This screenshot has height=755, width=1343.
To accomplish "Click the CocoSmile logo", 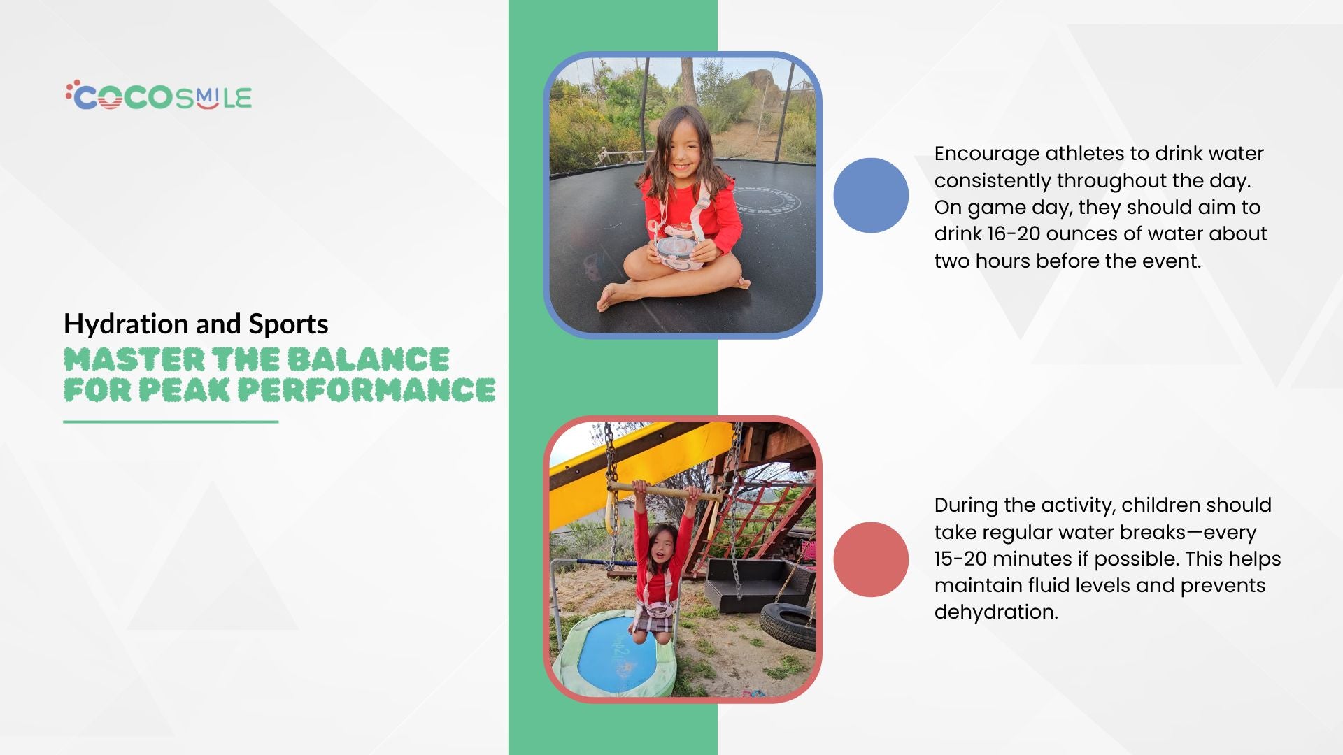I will [x=159, y=96].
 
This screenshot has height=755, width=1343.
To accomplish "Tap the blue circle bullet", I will [x=871, y=195].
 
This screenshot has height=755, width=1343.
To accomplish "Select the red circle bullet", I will [x=871, y=559].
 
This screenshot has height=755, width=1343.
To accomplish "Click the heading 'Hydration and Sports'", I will [x=196, y=324].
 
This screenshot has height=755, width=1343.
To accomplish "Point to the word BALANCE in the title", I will [x=368, y=359].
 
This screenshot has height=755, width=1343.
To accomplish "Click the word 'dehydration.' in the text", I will [x=996, y=612].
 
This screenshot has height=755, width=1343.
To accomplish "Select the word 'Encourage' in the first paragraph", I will [x=986, y=154].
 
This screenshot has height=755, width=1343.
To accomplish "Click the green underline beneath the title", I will [x=171, y=422].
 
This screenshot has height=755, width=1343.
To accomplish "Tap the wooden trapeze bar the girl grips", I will [x=665, y=491].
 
